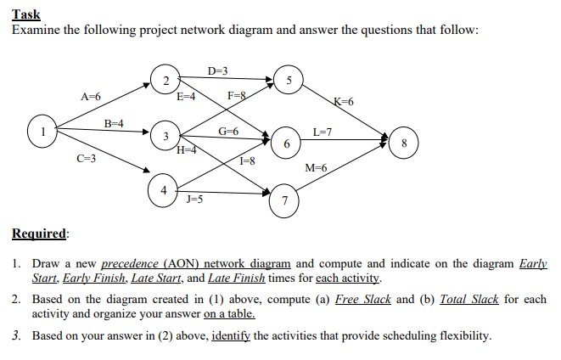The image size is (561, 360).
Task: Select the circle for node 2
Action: click(x=165, y=80)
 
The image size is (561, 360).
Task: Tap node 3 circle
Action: click(x=165, y=136)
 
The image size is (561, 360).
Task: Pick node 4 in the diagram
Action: click(x=162, y=189)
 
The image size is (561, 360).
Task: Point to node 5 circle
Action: click(x=289, y=81)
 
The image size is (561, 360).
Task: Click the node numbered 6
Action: click(x=289, y=144)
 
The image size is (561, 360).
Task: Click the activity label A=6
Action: click(x=91, y=98)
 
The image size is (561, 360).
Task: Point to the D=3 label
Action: click(x=217, y=69)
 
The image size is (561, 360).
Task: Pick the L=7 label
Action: click(x=323, y=132)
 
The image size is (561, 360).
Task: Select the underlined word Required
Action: click(x=41, y=233)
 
